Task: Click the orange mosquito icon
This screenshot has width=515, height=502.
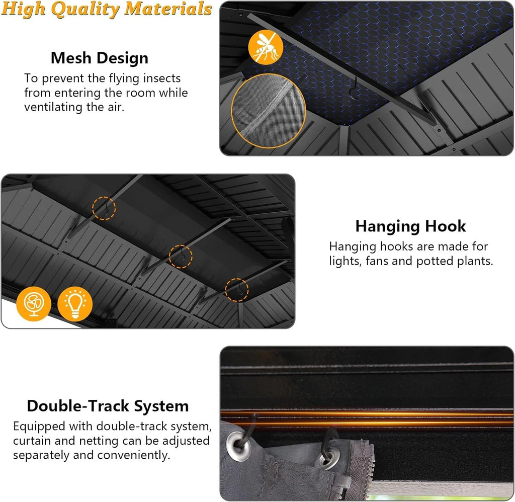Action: tap(266, 47)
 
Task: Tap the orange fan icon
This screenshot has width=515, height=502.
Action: tap(34, 304)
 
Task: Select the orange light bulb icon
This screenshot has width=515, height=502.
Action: tap(75, 304)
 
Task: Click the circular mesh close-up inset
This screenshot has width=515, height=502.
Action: tap(269, 111)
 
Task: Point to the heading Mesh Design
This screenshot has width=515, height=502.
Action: tap(100, 58)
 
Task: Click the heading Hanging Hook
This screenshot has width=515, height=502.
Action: tap(410, 226)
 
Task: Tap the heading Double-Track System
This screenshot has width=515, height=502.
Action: tap(108, 406)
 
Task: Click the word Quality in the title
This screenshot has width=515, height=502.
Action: tap(85, 9)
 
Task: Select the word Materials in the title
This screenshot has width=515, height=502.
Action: tap(168, 9)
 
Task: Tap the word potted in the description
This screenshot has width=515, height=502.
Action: tap(435, 261)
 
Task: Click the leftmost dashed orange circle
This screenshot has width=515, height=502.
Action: tap(104, 208)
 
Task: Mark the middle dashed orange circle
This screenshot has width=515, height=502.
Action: tap(181, 257)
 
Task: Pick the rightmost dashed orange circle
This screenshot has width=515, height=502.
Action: tap(237, 290)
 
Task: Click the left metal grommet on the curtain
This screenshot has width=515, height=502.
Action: tap(239, 447)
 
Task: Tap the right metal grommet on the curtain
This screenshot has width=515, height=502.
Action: tap(326, 459)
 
